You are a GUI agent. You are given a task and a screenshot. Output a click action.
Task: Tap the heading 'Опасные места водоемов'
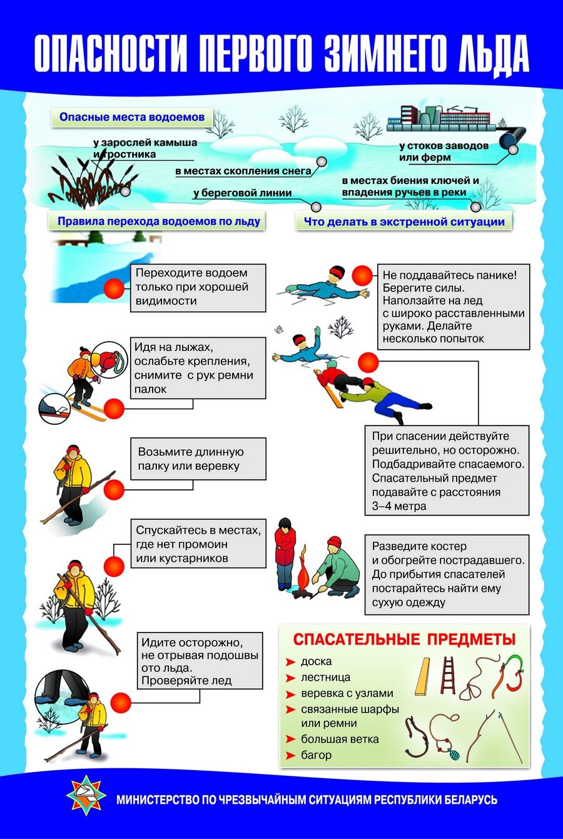(x=132, y=117)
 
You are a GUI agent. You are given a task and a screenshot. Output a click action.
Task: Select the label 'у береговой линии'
(x=242, y=193)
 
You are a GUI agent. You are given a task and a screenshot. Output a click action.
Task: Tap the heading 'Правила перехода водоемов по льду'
(x=158, y=221)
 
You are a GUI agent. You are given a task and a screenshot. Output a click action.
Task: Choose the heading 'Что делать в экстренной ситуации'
(x=403, y=221)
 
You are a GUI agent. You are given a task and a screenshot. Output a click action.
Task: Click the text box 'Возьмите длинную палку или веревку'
(x=198, y=459)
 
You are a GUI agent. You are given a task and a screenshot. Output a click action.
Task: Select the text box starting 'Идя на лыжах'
(x=198, y=368)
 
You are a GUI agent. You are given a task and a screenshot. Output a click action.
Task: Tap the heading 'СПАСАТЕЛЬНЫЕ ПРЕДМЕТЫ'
(x=404, y=639)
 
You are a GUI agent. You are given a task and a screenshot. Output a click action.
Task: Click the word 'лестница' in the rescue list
(x=325, y=677)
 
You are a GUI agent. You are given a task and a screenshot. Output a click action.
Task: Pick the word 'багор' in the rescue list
(x=316, y=755)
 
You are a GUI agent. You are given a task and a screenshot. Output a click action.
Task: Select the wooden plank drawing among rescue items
(x=423, y=676)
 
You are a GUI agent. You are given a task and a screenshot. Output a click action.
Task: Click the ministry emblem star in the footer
(x=86, y=795)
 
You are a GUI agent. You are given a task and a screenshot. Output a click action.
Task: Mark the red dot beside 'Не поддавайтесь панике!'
(x=362, y=275)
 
